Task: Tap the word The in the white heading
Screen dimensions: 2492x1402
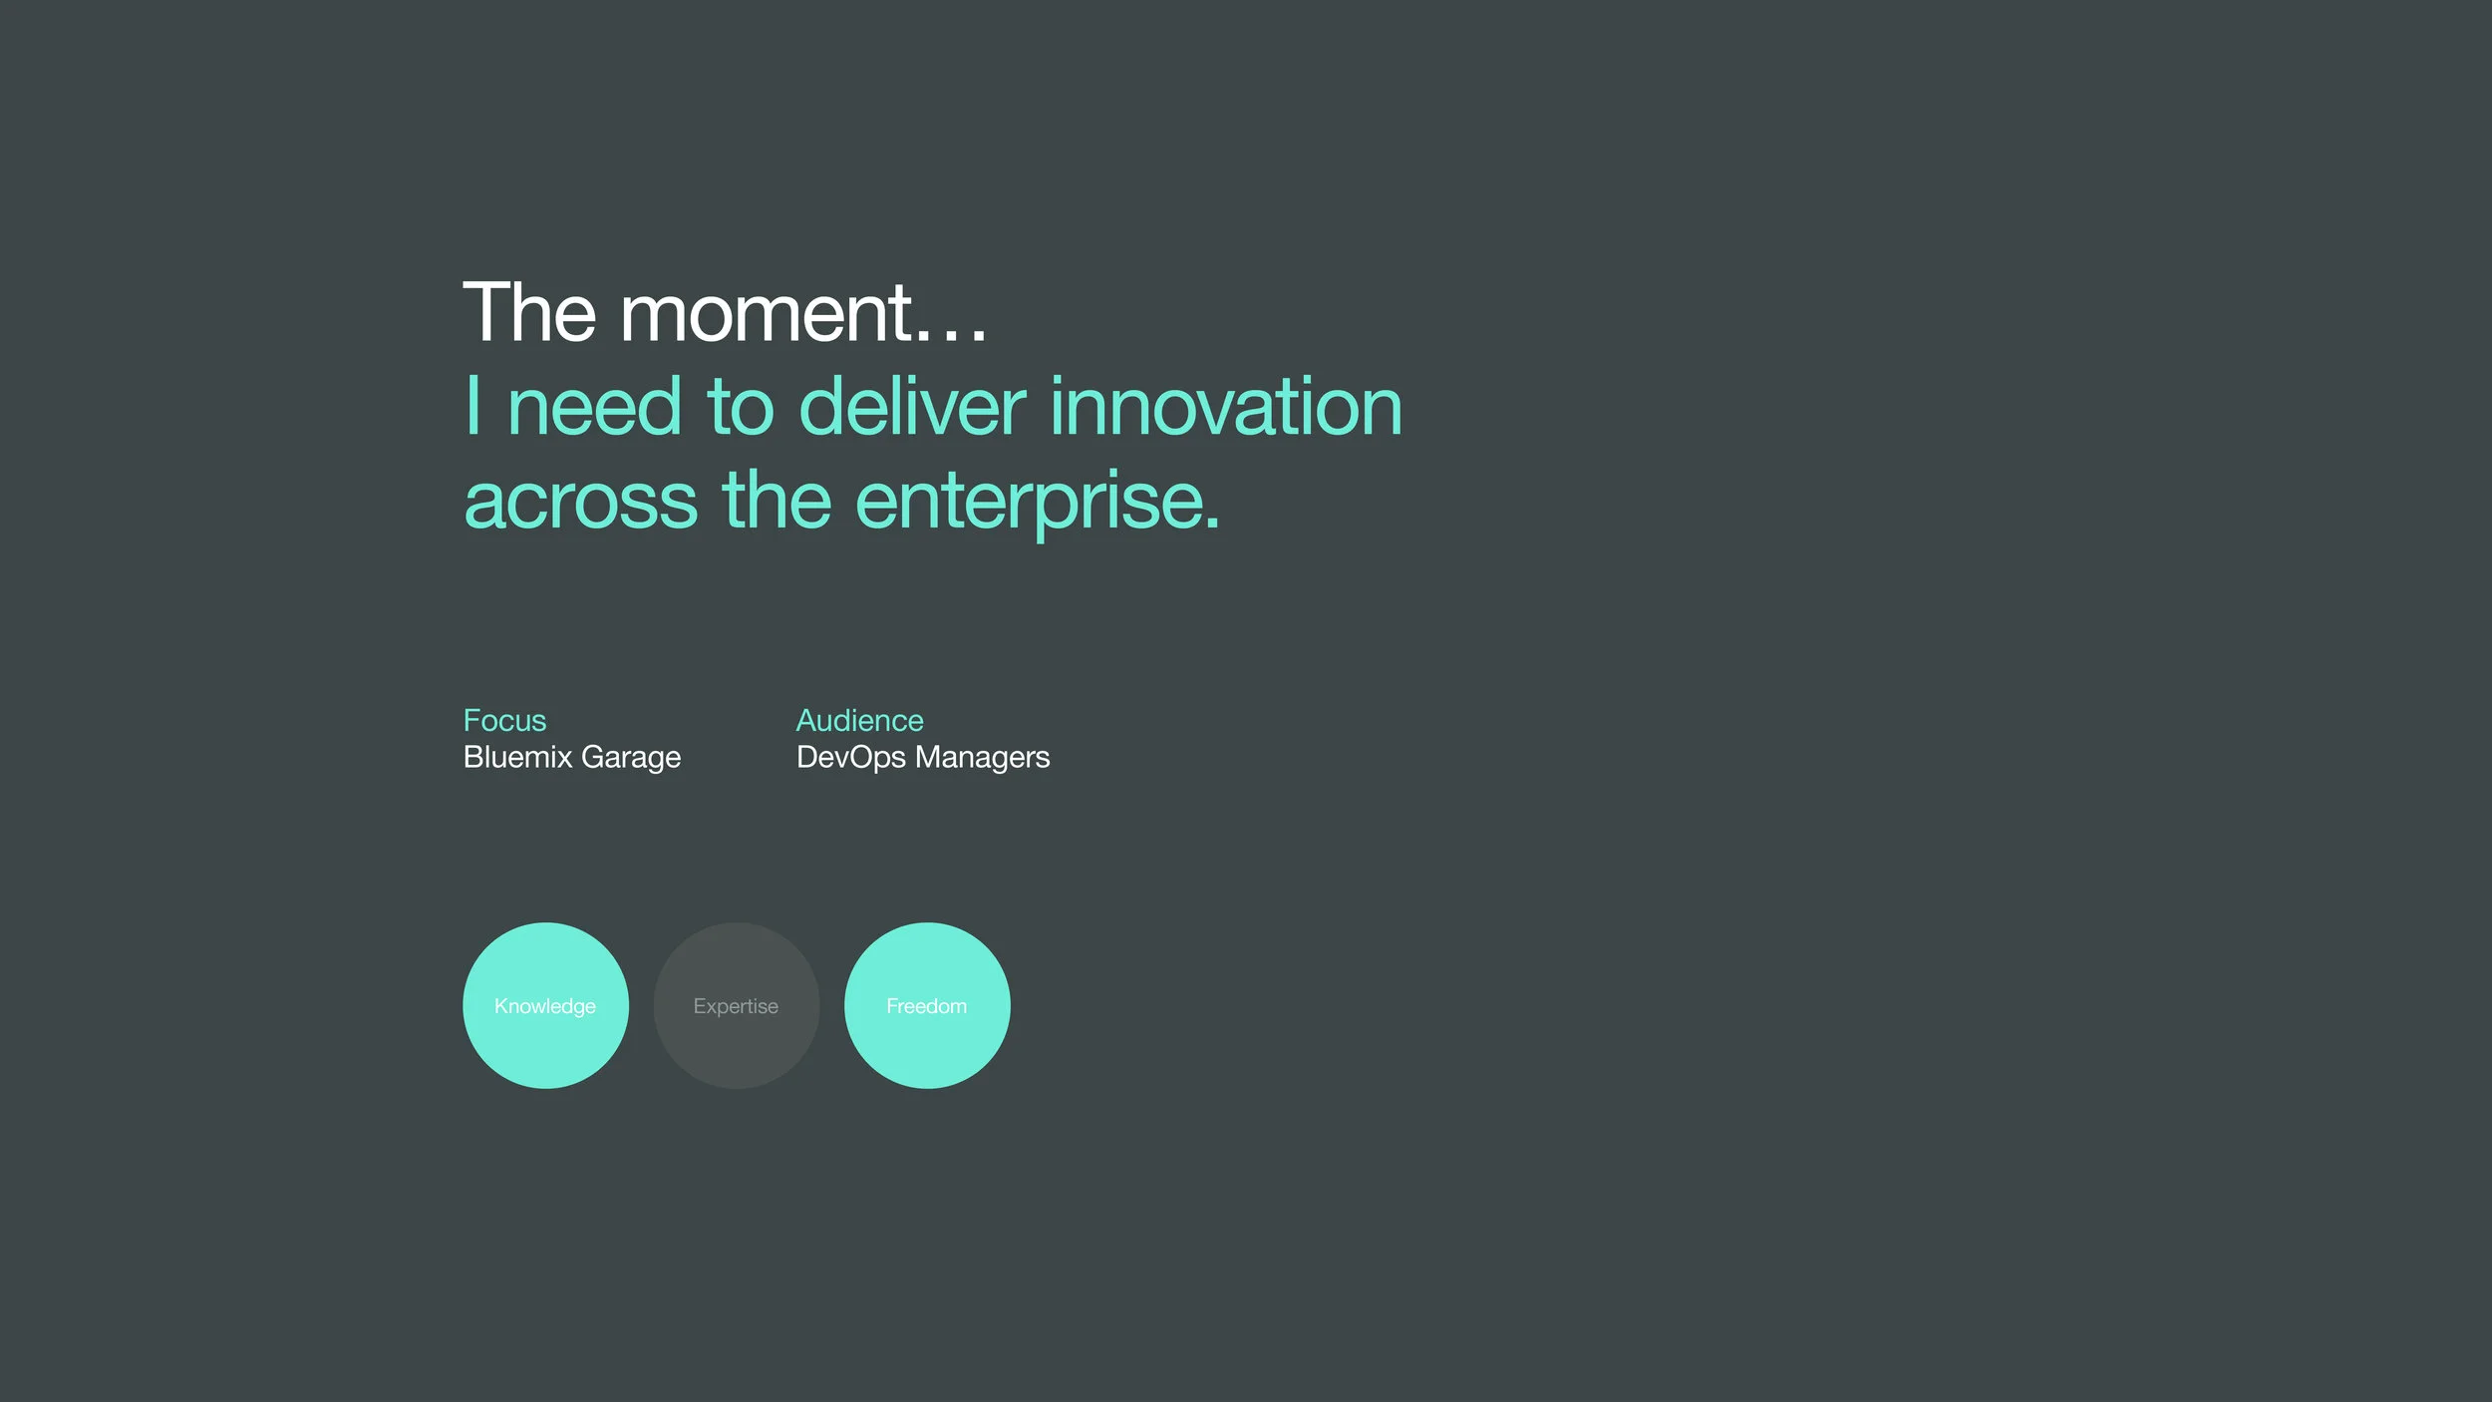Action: point(529,312)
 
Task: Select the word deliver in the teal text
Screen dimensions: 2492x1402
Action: point(912,406)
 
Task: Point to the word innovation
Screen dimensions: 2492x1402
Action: point(1226,406)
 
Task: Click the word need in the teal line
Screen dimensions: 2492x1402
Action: point(594,406)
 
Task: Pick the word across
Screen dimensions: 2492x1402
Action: point(580,502)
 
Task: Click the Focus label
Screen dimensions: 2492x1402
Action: point(504,720)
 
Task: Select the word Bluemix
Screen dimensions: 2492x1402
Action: point(517,757)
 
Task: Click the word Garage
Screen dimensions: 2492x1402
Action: point(631,758)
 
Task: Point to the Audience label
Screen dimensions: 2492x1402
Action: point(859,720)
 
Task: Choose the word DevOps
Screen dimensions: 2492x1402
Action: point(850,758)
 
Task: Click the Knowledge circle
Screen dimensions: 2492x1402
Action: point(545,1005)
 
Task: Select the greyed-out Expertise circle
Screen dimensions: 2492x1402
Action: point(737,1005)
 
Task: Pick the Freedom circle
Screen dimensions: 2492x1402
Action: point(927,1005)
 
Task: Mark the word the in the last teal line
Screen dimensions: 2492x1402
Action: point(777,499)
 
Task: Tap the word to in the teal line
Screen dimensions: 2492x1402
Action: point(741,408)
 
